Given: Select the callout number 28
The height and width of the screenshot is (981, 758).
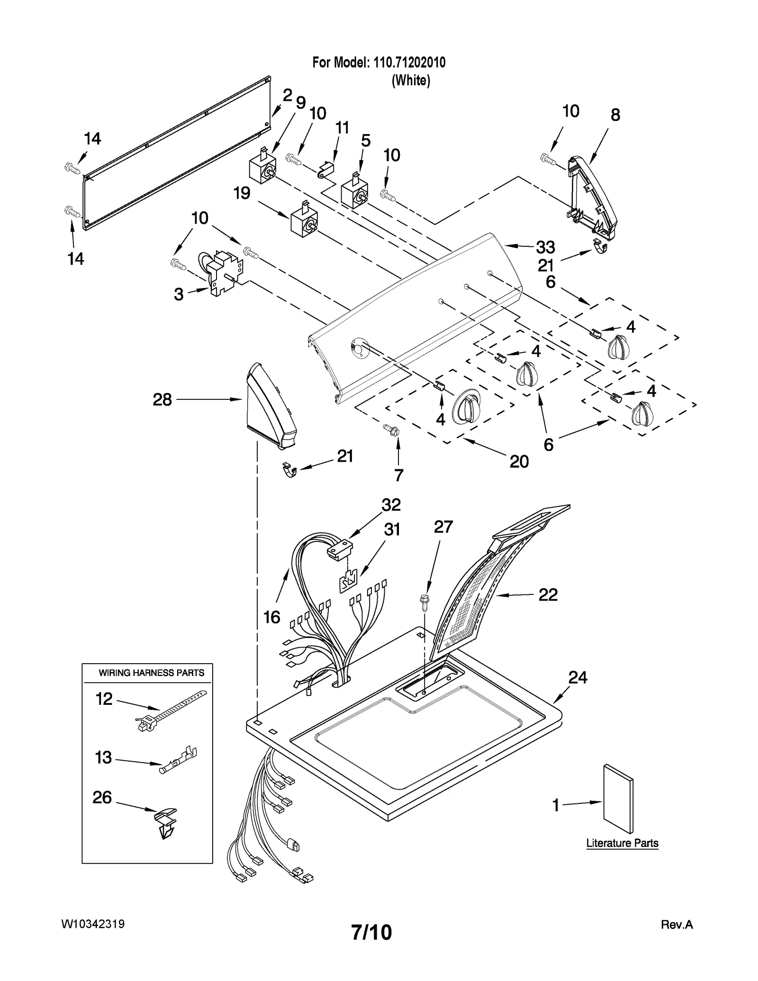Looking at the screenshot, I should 162,400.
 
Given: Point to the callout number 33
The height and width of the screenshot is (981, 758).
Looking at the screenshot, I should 545,247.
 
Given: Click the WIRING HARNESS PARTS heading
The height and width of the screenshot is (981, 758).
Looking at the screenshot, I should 151,673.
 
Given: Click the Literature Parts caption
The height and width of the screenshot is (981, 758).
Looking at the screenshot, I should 622,843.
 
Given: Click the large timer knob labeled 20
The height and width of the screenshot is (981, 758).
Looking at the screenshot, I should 466,407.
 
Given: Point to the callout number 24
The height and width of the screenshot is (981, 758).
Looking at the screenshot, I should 578,678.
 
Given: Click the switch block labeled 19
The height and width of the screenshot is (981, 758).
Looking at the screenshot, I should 304,219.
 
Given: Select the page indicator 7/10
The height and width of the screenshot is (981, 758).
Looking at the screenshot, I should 371,932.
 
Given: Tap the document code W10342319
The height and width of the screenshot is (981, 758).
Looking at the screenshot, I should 93,924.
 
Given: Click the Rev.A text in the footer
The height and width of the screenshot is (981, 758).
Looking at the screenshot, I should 677,924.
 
